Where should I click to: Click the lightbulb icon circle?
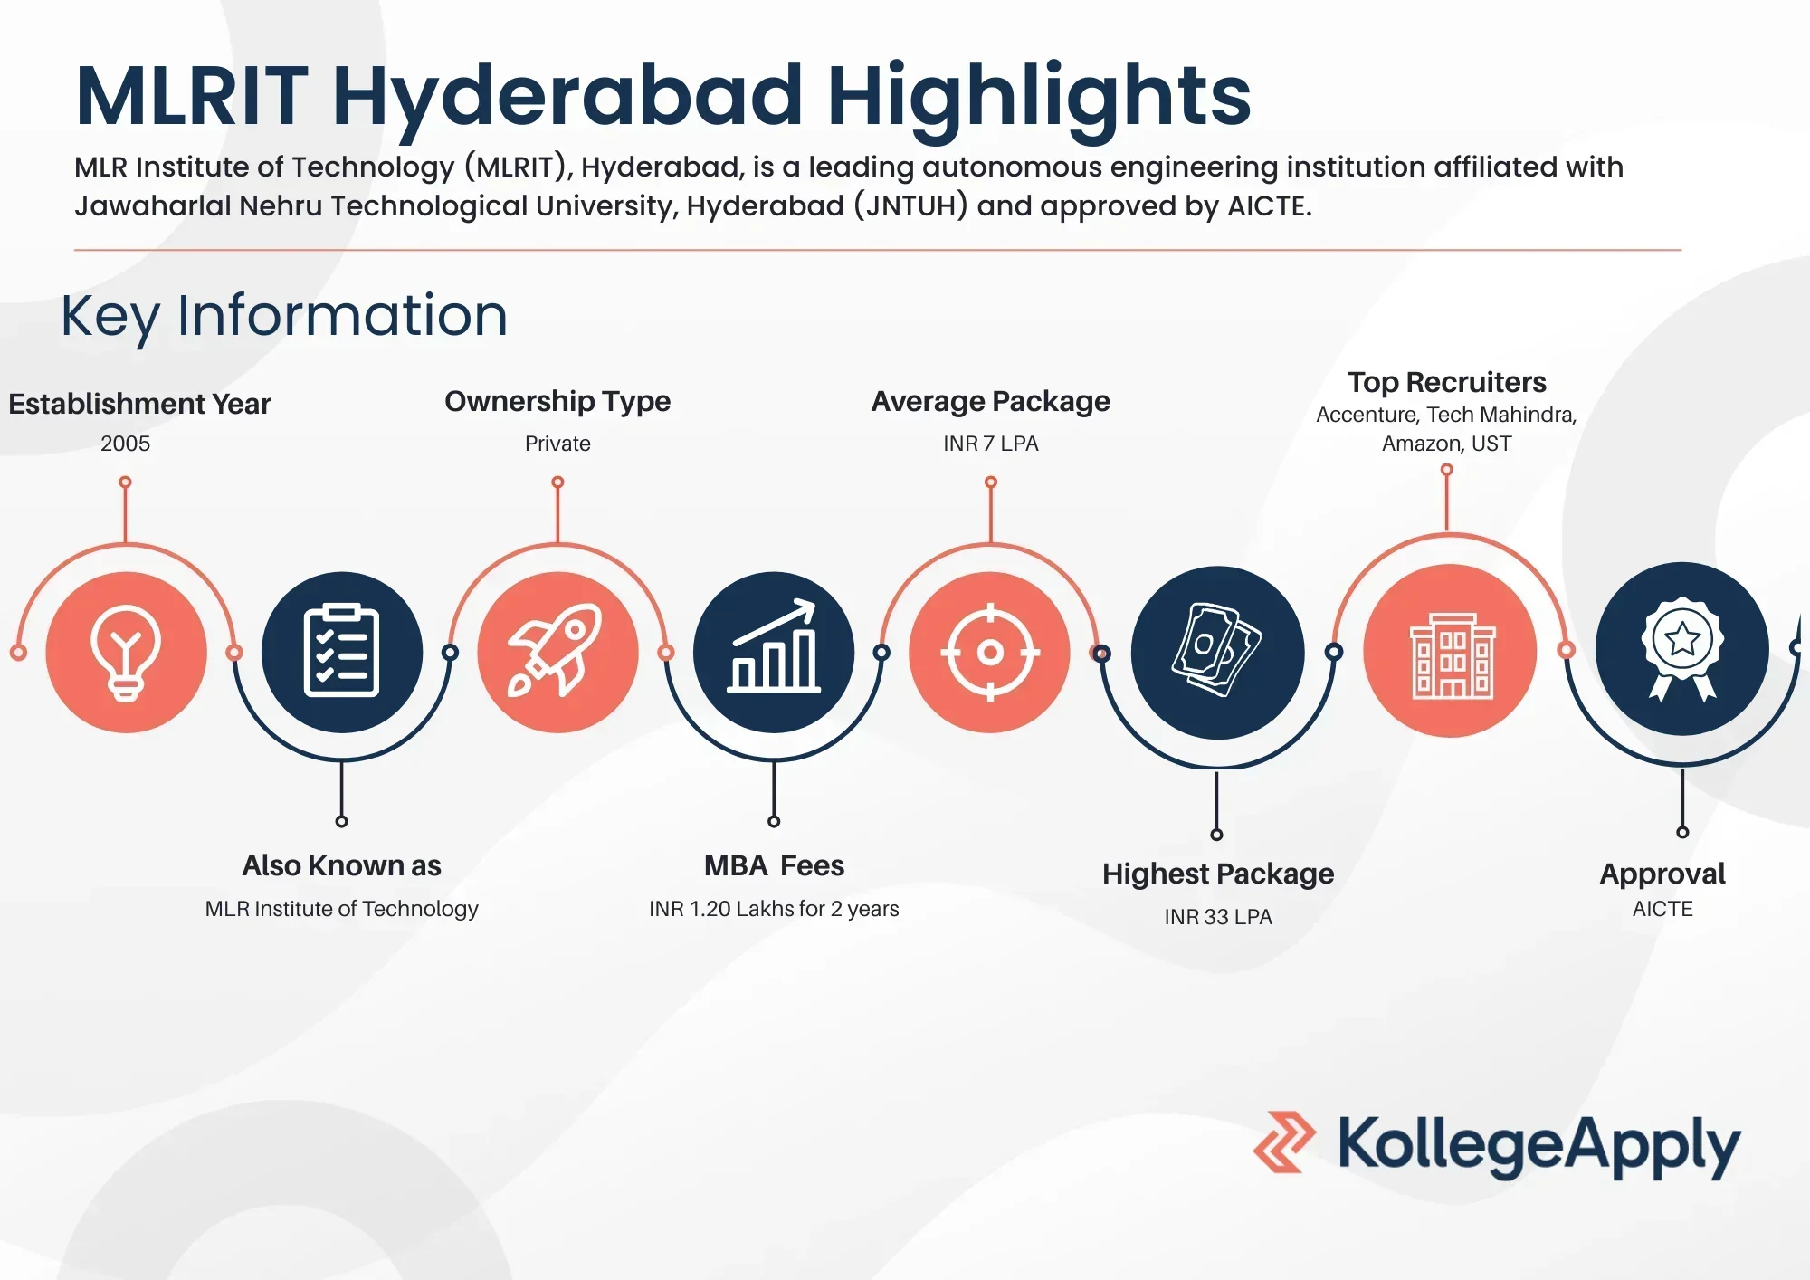[126, 652]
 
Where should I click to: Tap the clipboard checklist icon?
[341, 652]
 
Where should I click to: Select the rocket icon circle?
[557, 652]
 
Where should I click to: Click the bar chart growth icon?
[774, 646]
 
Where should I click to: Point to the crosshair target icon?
[990, 652]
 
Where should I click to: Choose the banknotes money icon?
[1216, 650]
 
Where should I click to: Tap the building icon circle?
[1451, 651]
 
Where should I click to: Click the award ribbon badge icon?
[1682, 648]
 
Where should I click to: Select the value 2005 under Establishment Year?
[126, 444]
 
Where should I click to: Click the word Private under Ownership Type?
[557, 444]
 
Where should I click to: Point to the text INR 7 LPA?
[991, 444]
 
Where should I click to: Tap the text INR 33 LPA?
[1218, 917]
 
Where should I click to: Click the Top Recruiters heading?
[1446, 382]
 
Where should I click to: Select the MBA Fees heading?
[775, 865]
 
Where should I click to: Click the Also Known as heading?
[341, 865]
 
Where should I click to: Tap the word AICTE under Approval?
[1662, 909]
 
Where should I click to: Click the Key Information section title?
[284, 316]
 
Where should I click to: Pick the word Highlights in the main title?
[1039, 98]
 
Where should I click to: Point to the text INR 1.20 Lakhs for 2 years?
[774, 909]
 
